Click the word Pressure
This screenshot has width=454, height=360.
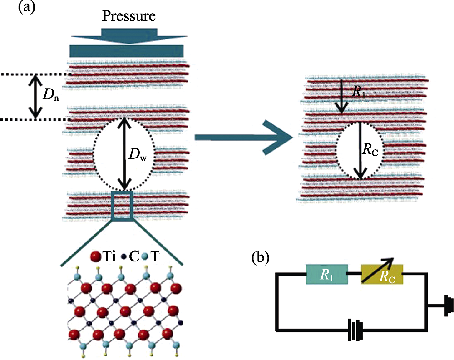pyautogui.click(x=128, y=16)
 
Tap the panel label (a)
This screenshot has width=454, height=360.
pyautogui.click(x=27, y=7)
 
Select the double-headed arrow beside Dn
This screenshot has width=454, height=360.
pyautogui.click(x=35, y=97)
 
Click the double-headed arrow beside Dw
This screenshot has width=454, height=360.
pyautogui.click(x=124, y=154)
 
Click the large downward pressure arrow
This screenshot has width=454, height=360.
pyautogui.click(x=129, y=36)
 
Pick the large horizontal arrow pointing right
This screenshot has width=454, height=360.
pyautogui.click(x=244, y=138)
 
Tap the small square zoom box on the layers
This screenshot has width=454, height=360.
pyautogui.click(x=122, y=205)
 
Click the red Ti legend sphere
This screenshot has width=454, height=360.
pyautogui.click(x=96, y=257)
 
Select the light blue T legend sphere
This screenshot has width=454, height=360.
pyautogui.click(x=145, y=256)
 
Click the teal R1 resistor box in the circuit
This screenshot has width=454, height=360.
pyautogui.click(x=327, y=274)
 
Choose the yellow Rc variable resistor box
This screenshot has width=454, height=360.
pyautogui.click(x=382, y=274)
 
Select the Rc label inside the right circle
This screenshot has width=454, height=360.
pyautogui.click(x=370, y=150)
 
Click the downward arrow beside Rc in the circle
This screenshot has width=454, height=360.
pyautogui.click(x=360, y=150)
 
